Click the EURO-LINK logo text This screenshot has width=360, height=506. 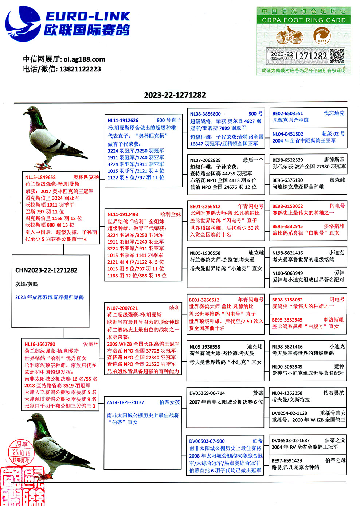coord(87,16)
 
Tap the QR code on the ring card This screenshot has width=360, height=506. coord(337,56)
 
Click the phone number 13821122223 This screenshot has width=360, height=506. coord(80,69)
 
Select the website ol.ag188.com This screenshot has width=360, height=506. coord(84,59)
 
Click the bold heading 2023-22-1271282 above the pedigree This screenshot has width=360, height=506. coord(175,95)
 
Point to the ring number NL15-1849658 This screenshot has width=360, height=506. coord(40,177)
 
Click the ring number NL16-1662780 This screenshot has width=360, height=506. coord(40,344)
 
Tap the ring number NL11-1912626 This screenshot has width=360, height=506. coord(123,120)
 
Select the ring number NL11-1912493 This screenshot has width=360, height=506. coord(123,214)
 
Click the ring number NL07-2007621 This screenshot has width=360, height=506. coord(122,308)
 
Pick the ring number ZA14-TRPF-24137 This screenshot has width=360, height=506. coord(125,402)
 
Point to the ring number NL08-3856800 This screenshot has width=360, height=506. coord(205,114)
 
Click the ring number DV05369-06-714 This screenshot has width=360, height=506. coord(207,393)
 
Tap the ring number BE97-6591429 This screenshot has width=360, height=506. coord(287,460)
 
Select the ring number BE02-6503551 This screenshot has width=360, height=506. coord(288,113)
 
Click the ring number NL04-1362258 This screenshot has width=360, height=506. coord(287,393)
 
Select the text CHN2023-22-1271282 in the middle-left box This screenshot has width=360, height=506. coord(46,270)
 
